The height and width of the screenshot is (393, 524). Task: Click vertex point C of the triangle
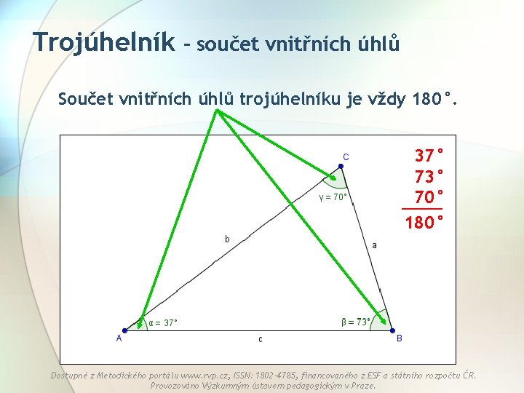click(x=341, y=167)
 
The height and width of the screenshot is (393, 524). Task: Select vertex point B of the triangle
click(x=392, y=329)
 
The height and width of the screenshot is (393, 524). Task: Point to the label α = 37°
click(x=163, y=322)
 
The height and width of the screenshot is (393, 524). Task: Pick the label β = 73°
click(x=356, y=321)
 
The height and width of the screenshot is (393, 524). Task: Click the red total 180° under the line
click(x=424, y=221)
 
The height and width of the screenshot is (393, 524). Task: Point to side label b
click(x=228, y=239)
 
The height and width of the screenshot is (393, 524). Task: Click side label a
click(x=375, y=245)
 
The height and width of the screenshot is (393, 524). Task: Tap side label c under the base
click(x=260, y=339)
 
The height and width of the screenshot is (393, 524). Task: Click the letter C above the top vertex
click(x=346, y=156)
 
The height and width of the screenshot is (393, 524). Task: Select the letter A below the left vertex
click(x=119, y=338)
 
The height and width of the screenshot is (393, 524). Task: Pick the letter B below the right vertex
click(x=399, y=338)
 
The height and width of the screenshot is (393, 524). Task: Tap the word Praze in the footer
click(x=361, y=386)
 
